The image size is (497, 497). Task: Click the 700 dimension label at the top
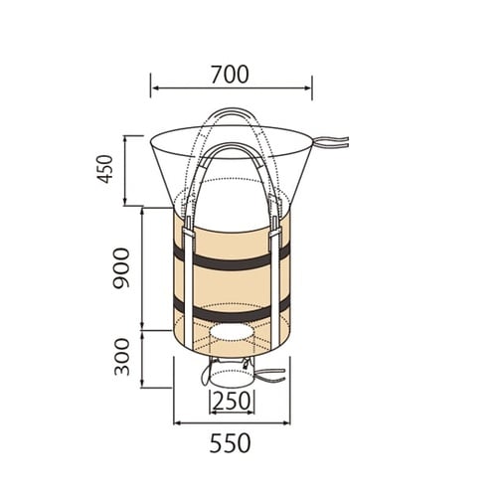[230, 75]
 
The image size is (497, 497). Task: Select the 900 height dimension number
[121, 268]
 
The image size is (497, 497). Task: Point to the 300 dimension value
[121, 357]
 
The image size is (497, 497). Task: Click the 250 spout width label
[232, 401]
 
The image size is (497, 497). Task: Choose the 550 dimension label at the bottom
[230, 443]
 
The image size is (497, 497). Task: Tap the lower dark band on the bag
[232, 311]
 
